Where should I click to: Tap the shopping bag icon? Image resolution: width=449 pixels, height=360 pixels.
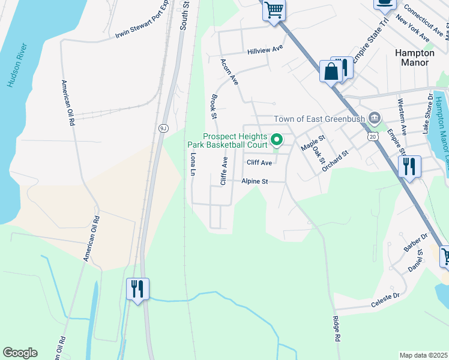click(x=330, y=72)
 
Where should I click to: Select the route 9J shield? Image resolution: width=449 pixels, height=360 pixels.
click(x=163, y=128)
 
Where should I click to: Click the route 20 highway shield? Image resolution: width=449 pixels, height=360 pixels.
click(x=373, y=137)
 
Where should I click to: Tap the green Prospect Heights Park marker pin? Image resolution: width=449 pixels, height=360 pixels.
click(x=277, y=140)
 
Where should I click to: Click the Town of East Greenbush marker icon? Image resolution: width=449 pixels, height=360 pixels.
click(x=375, y=117)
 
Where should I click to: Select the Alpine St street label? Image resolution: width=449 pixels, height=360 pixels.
click(x=254, y=181)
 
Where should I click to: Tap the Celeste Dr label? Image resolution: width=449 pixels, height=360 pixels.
click(x=385, y=297)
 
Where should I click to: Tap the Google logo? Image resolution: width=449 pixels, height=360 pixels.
click(x=20, y=353)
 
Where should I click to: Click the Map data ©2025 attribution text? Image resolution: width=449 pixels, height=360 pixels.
click(x=423, y=355)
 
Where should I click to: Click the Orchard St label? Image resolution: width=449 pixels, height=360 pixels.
click(x=335, y=161)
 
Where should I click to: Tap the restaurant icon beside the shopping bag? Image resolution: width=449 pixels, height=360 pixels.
click(x=344, y=67)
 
